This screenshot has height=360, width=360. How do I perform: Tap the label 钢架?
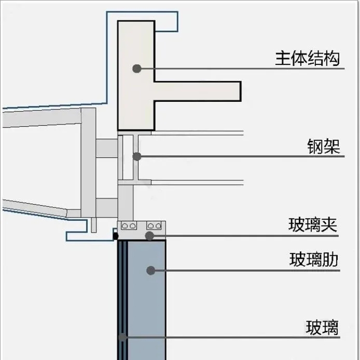tap(324, 147)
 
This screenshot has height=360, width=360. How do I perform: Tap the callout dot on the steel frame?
tap(136, 156)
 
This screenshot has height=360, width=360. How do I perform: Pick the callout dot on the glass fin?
tap(151, 270)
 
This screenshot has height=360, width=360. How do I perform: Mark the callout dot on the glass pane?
tap(122, 337)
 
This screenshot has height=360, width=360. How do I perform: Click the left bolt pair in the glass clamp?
tap(130, 226)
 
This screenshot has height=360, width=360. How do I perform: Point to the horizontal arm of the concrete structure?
tap(198, 91)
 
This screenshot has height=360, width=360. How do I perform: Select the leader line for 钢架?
tap(238, 156)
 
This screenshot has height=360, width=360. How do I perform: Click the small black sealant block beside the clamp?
tap(115, 235)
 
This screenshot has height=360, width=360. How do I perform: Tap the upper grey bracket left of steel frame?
tap(107, 148)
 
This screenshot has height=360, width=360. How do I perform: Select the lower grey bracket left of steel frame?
tap(107, 207)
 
